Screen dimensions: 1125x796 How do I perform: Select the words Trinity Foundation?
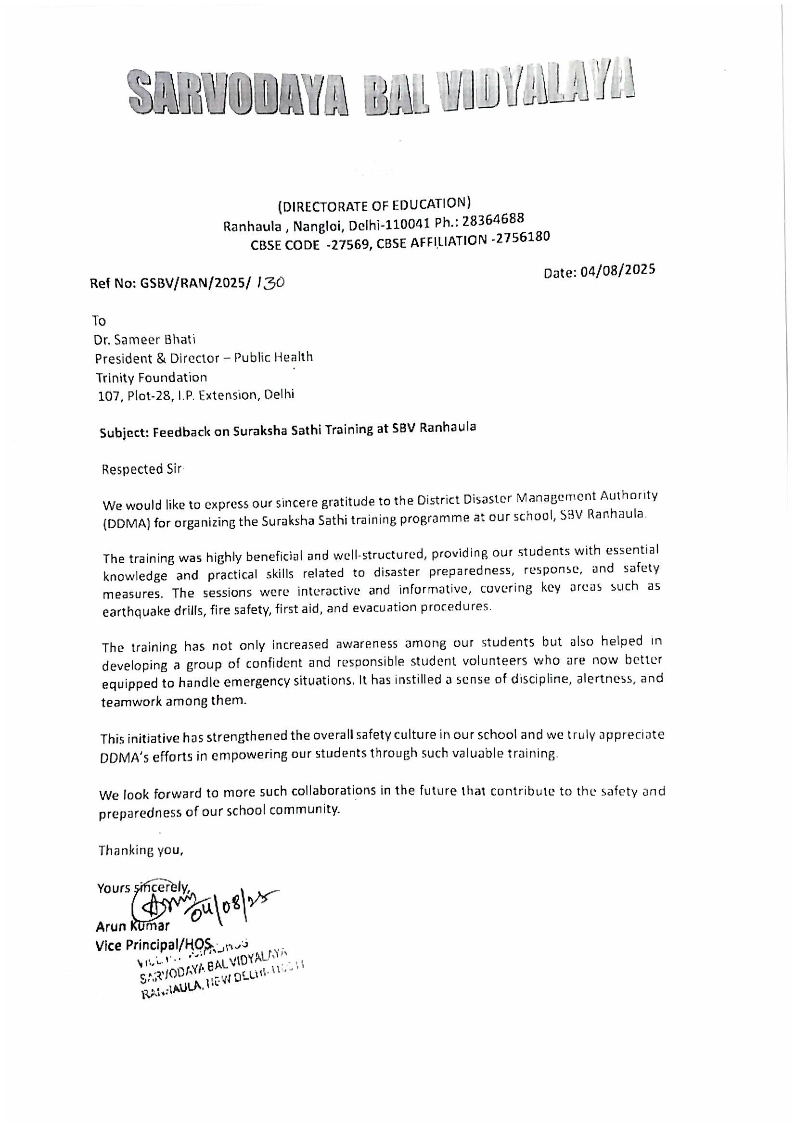point(151,377)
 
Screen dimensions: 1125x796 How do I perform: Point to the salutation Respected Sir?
point(141,469)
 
